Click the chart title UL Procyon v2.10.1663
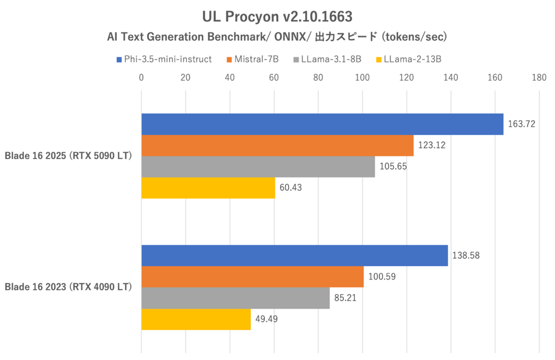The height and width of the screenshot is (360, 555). coord(277,17)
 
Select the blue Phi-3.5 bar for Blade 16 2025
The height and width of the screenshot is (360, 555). coord(322,124)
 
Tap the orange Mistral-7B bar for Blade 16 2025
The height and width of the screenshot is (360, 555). coord(277,146)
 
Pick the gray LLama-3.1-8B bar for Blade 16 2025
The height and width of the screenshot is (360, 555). coord(258,167)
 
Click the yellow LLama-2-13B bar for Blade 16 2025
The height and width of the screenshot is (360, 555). coord(208,188)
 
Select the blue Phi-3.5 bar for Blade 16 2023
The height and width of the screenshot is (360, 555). coord(295,256)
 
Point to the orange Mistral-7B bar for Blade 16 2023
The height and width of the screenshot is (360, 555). coord(253,277)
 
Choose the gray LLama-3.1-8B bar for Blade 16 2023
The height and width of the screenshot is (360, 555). coord(235,298)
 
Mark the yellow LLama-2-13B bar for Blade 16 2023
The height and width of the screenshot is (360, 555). coord(196,319)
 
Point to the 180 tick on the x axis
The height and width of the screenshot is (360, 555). coord(539,78)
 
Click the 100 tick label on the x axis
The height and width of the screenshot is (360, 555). coord(363,78)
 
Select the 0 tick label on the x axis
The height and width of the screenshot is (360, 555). coord(142,78)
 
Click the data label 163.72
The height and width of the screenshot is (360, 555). coord(521,124)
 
